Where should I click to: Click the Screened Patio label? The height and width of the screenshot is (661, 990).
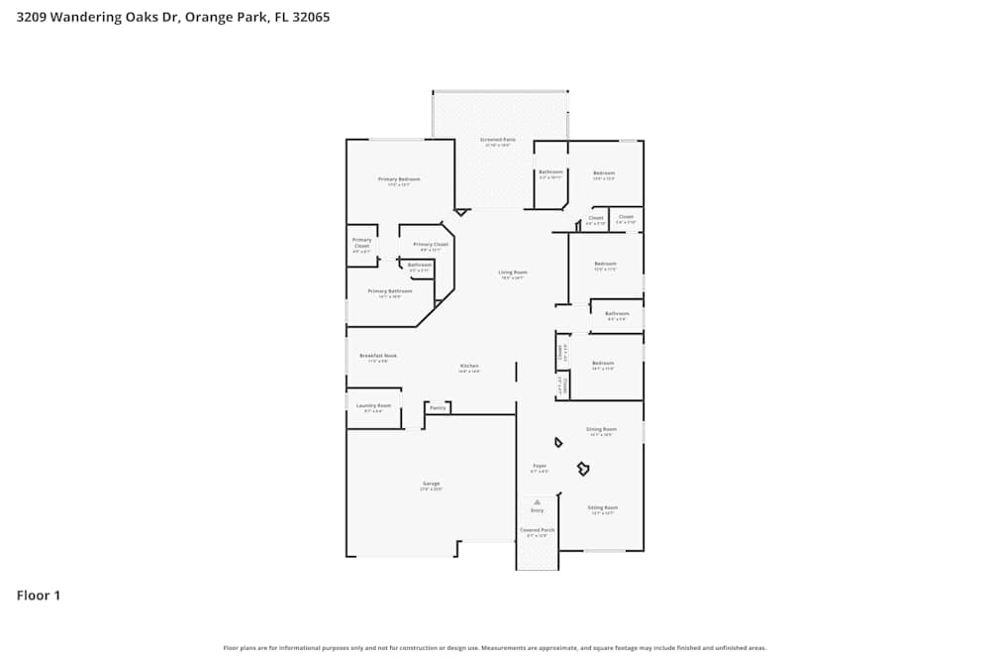click(498, 140)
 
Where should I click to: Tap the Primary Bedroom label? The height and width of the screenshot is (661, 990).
click(399, 179)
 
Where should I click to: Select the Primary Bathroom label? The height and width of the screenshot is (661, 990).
click(390, 291)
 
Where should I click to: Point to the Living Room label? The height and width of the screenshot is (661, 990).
click(512, 272)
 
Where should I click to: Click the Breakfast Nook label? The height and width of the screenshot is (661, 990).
click(378, 355)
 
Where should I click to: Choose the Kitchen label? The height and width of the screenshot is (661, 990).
click(469, 366)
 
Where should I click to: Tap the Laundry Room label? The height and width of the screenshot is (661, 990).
click(373, 405)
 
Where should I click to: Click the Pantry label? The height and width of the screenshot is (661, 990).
click(438, 407)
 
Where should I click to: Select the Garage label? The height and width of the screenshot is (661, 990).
click(431, 484)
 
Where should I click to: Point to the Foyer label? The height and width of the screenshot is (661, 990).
click(540, 465)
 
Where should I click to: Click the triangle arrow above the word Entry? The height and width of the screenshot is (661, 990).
click(537, 501)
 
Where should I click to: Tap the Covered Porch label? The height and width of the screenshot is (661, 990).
click(538, 530)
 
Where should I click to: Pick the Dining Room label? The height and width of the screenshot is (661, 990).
click(602, 429)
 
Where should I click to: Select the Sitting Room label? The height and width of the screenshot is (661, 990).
click(603, 506)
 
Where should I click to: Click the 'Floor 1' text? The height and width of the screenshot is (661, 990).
click(39, 596)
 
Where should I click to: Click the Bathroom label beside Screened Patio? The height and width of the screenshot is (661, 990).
click(550, 172)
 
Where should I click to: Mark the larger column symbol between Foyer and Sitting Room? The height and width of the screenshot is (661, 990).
click(583, 467)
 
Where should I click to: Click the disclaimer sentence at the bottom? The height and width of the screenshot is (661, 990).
click(495, 647)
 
